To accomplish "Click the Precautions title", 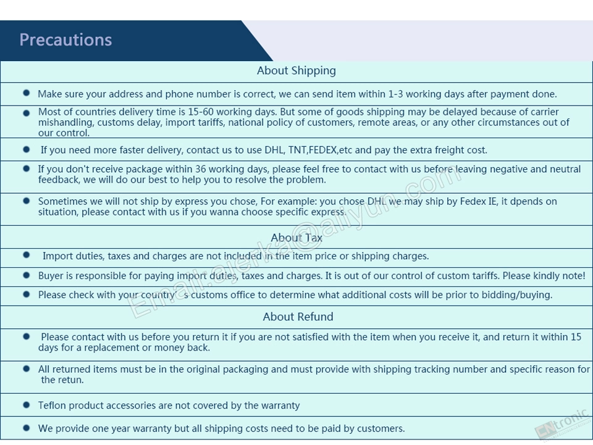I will coord(65,40).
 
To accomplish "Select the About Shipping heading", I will coord(296,70).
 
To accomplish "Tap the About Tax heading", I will coord(296,238).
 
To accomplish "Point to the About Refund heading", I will coord(298,317).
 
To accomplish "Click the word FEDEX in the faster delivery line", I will coord(324,150).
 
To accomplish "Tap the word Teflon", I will coord(52,405).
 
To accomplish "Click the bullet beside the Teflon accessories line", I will coord(26,405).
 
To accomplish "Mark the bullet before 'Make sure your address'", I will coord(26,93).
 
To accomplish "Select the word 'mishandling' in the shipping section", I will coord(65,122).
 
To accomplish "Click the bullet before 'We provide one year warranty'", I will coord(26,428).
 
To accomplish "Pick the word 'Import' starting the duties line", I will coord(57,256).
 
